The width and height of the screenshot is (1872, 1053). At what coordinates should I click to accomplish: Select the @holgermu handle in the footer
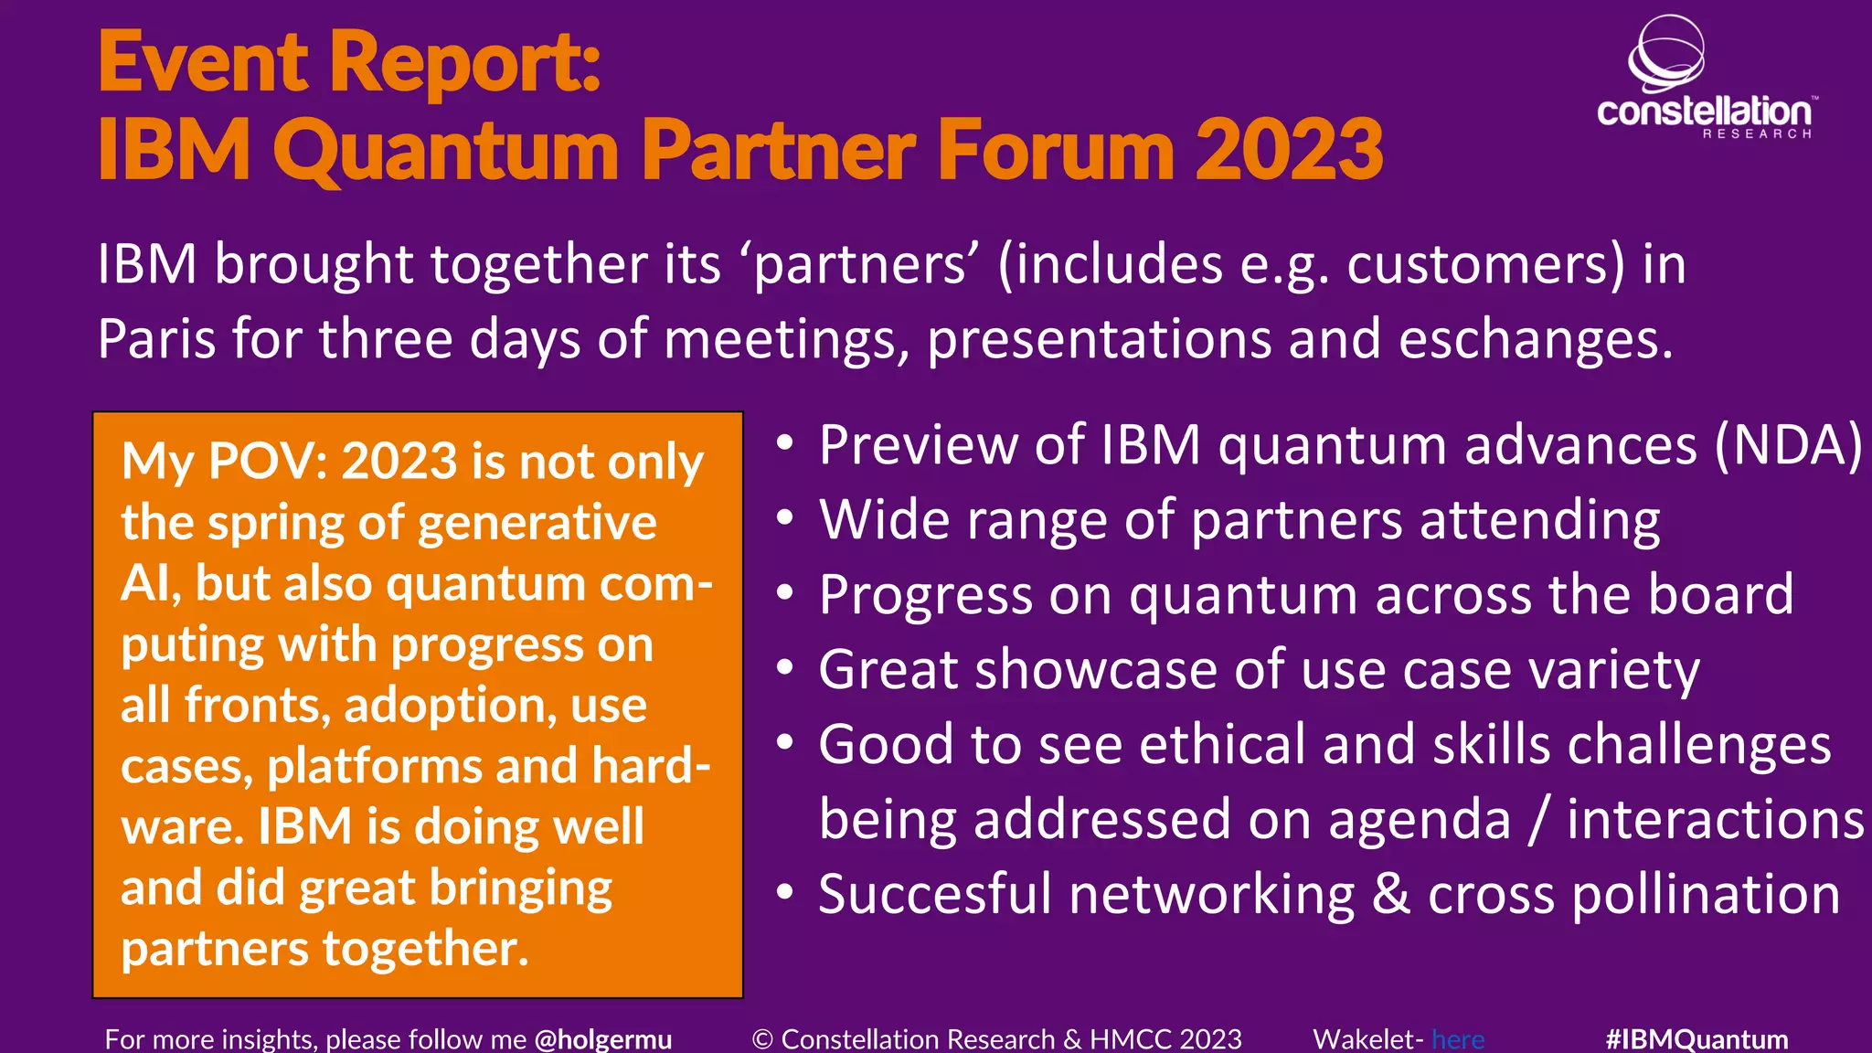click(x=603, y=1039)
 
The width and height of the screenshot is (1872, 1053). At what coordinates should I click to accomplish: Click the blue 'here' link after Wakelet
click(x=1458, y=1039)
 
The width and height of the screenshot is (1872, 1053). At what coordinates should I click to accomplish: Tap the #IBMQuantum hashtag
click(x=1696, y=1039)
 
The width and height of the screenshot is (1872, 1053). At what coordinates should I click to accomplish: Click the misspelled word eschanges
click(x=1536, y=339)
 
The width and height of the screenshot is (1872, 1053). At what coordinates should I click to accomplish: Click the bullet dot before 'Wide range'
click(x=784, y=518)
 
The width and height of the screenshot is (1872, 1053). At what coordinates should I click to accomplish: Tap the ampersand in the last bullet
click(x=1391, y=894)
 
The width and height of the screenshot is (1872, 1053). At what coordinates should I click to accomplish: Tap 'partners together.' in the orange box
click(x=324, y=949)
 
